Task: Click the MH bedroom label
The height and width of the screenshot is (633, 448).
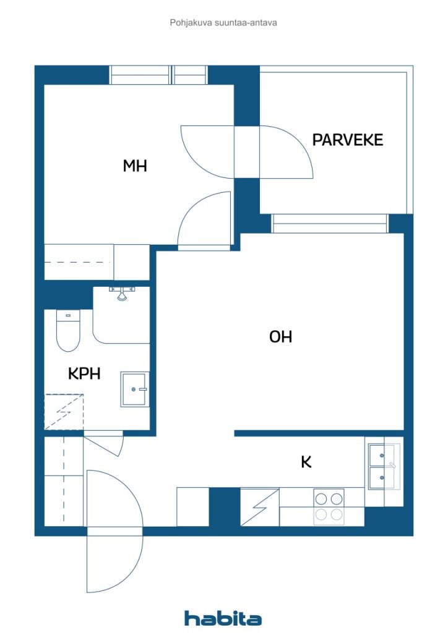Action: click(x=135, y=166)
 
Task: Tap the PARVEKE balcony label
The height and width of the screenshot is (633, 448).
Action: click(x=348, y=140)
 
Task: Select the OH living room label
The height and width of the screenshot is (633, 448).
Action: click(x=280, y=336)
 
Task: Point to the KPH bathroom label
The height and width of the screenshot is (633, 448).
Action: click(x=84, y=373)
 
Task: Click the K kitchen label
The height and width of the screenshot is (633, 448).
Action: click(x=306, y=461)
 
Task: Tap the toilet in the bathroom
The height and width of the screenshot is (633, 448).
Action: click(x=68, y=330)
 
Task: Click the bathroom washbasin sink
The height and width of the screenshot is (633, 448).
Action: click(x=135, y=389)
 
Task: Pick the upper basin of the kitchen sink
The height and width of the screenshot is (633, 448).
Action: click(x=382, y=455)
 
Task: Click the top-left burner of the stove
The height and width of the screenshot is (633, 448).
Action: click(x=321, y=499)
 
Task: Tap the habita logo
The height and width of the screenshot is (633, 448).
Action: click(x=223, y=618)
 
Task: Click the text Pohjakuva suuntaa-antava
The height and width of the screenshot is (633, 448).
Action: click(x=223, y=23)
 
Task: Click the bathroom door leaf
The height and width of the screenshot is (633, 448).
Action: click(x=103, y=445)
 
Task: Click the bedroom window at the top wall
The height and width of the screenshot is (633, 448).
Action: click(x=159, y=75)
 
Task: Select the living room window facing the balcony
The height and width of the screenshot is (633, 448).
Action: click(x=330, y=224)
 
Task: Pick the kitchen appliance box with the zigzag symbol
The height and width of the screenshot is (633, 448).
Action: click(x=260, y=507)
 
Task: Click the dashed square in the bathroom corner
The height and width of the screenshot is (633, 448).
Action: click(x=64, y=412)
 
